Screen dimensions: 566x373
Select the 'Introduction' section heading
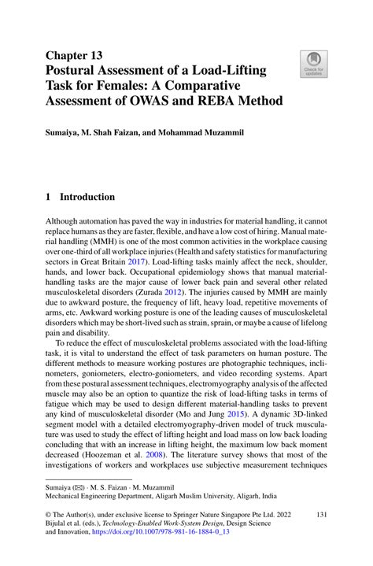point(88,198)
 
